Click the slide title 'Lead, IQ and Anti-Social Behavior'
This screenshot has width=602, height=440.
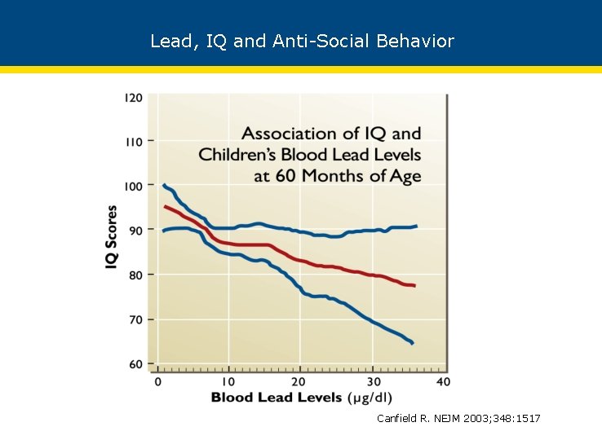(x=302, y=41)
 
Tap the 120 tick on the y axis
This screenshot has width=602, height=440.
(x=133, y=98)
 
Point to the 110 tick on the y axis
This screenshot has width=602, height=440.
(x=133, y=142)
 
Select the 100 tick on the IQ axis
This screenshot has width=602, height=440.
(x=133, y=186)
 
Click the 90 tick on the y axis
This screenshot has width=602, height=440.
(x=135, y=231)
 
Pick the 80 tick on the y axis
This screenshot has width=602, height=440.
(x=135, y=275)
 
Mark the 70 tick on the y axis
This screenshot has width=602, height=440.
(x=135, y=319)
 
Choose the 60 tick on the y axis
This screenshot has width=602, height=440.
(x=135, y=363)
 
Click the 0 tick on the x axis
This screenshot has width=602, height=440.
(x=158, y=381)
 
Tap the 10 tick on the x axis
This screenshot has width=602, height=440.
(x=228, y=381)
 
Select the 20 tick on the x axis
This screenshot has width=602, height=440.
(x=299, y=381)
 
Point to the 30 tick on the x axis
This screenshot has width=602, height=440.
(x=371, y=381)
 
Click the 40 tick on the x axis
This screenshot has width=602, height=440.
(x=442, y=381)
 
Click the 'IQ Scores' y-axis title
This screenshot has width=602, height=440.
(x=112, y=236)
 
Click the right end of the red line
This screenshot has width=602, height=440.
(x=414, y=285)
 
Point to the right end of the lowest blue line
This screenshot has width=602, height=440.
(x=413, y=343)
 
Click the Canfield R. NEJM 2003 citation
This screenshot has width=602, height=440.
(x=458, y=418)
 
